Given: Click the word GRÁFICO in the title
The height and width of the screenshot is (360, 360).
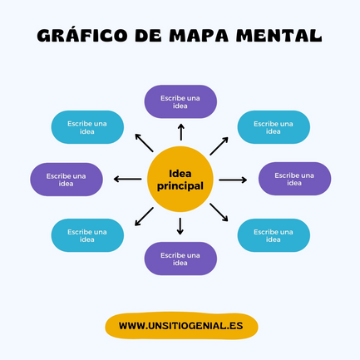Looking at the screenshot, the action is point(82,35).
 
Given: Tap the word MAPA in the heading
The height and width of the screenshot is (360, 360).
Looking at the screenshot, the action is point(199,36).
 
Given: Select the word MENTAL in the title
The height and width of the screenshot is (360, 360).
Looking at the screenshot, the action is point(279,36).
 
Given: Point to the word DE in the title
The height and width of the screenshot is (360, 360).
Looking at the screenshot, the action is point(148,36).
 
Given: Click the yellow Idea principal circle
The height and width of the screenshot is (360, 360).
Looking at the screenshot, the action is point(180,180).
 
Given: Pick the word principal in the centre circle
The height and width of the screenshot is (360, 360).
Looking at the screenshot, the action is point(180,185).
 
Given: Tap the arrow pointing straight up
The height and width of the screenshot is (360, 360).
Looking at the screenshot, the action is point(181,132).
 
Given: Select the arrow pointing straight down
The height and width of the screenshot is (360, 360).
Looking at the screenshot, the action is point(180,226).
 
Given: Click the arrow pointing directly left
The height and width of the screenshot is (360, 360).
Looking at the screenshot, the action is point(127,179).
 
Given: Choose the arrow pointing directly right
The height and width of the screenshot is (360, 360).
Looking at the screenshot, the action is point(233,180).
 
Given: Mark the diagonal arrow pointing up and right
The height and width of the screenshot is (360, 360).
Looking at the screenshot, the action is point(219,146).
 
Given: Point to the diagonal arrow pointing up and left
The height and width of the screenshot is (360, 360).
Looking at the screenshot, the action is point(144,143).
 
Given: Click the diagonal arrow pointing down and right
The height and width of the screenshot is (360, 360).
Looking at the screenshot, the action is point(219,212).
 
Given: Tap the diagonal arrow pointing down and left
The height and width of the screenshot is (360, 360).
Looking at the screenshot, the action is point(144,216).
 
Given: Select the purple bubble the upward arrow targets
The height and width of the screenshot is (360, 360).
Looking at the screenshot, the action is point(180,101).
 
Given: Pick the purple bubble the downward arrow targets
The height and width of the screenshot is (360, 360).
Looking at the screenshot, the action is point(180,259).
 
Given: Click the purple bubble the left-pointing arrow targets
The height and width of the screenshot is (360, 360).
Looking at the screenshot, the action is point(67,180).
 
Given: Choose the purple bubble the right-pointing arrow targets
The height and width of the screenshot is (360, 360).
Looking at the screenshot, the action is point(294,179).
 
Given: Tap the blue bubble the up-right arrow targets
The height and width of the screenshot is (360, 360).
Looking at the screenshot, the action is point(274,127).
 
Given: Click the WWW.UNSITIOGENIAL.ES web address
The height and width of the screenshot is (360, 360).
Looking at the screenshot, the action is point(181,326).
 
